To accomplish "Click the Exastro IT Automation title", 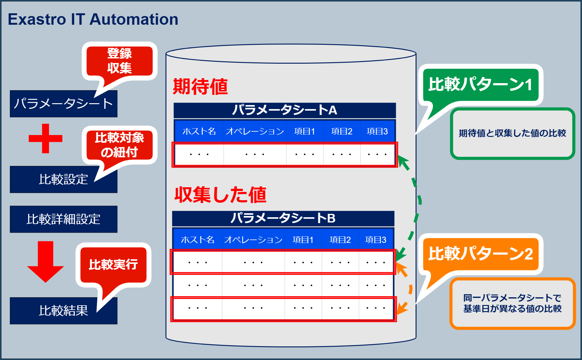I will pyautogui.click(x=93, y=19).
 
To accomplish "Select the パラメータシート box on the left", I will pyautogui.click(x=63, y=104).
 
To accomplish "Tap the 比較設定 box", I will pyautogui.click(x=63, y=180).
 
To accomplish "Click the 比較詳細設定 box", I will pyautogui.click(x=63, y=219).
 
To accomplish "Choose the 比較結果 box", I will pyautogui.click(x=63, y=311).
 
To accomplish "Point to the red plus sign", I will pyautogui.click(x=45, y=138).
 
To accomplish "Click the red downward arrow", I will pyautogui.click(x=45, y=261).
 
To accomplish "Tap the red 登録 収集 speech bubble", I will pyautogui.click(x=119, y=61).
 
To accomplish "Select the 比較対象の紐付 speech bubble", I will pyautogui.click(x=119, y=145).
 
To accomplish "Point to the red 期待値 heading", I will pyautogui.click(x=200, y=87).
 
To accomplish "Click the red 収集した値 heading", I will pyautogui.click(x=220, y=195).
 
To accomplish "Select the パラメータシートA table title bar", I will pyautogui.click(x=284, y=110).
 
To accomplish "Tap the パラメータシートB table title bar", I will pyautogui.click(x=283, y=218).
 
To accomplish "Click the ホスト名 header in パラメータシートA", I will pyautogui.click(x=199, y=131).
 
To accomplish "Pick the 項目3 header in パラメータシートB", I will pyautogui.click(x=375, y=240).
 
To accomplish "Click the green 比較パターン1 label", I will pyautogui.click(x=480, y=84).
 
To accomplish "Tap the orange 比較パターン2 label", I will pyautogui.click(x=480, y=254).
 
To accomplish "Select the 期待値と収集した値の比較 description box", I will pyautogui.click(x=512, y=133).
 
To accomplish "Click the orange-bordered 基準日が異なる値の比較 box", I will pyautogui.click(x=512, y=303).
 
